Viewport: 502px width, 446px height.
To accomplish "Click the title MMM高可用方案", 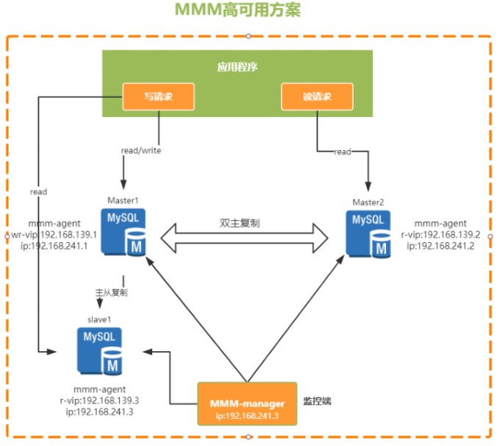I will (x=237, y=10).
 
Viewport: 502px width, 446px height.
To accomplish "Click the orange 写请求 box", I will (x=158, y=96).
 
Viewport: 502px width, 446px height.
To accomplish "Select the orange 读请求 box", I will (x=317, y=96).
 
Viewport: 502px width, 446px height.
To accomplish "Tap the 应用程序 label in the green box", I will (x=237, y=67).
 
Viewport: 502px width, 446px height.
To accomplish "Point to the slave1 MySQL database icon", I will (x=100, y=351).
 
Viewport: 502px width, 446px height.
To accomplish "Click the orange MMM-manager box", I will (x=247, y=403).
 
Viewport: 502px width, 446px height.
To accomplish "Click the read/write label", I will (x=141, y=151).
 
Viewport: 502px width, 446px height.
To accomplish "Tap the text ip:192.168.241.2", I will (x=441, y=247).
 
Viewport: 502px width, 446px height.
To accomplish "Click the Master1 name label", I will (x=122, y=200).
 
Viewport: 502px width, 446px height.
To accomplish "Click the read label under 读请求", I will (x=343, y=152).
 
